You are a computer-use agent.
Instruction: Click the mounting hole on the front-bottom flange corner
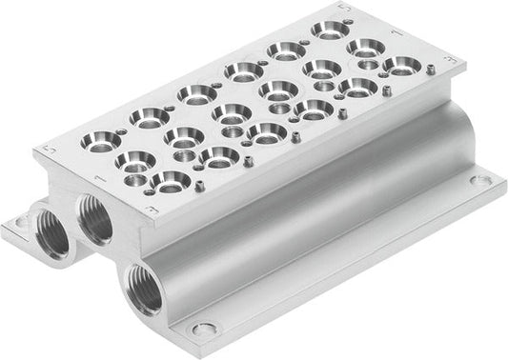click(x=201, y=330)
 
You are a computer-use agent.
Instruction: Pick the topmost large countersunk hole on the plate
click(x=329, y=30)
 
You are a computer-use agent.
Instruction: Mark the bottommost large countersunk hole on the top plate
click(x=168, y=181)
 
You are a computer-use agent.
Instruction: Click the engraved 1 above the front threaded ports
click(x=97, y=181)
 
